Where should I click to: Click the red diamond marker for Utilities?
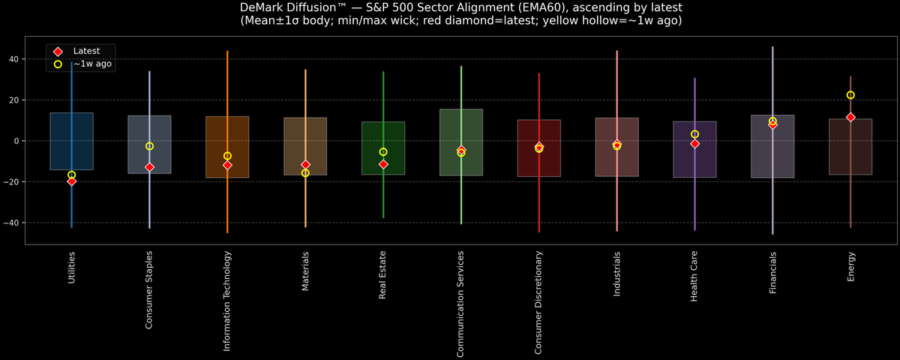pos(71,181)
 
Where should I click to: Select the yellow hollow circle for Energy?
pos(850,95)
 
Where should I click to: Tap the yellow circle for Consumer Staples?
pos(149,146)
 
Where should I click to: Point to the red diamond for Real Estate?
pos(383,164)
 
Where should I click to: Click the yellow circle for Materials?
pos(305,173)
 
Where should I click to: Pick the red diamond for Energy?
pos(850,118)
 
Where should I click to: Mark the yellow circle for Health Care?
pos(694,134)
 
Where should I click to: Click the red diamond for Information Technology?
pos(227,165)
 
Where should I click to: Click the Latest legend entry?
pos(85,50)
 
